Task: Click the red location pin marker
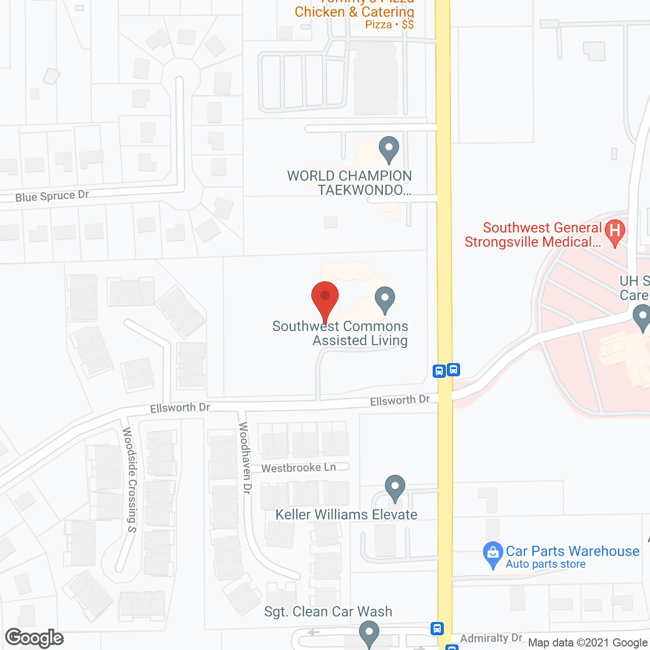pos(324,300)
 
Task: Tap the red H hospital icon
pos(615,232)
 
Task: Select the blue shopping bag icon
pos(493,555)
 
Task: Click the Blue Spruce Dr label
pos(52,196)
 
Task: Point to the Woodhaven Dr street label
pos(245,458)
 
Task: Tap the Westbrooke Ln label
pos(298,468)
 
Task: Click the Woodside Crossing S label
pos(130,480)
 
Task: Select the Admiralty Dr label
pos(491,638)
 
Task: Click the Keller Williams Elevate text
pos(346,514)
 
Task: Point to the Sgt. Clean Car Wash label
pos(328,611)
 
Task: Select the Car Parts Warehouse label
pos(572,551)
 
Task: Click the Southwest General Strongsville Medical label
pos(533,235)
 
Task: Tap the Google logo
pos(35,638)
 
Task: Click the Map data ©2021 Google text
pos(588,643)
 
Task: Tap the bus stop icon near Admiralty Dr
pos(437,629)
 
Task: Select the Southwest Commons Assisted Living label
pos(340,333)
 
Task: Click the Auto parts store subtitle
pos(545,564)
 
